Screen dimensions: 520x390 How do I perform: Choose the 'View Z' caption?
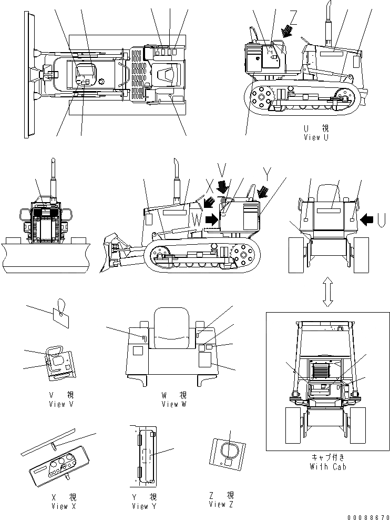pyautogui.click(x=221, y=504)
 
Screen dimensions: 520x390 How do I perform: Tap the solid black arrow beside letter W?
pyautogui.click(x=212, y=219)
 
